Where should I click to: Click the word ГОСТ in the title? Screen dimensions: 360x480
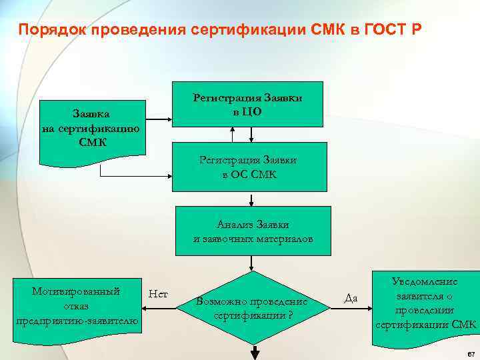382,30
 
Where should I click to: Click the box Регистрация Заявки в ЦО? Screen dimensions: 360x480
247,103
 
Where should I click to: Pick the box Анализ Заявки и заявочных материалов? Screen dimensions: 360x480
253,231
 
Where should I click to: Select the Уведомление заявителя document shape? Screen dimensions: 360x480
425,303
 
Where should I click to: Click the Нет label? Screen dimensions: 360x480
159,293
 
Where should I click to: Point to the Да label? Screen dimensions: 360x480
351,298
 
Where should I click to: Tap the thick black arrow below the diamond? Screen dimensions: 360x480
253,351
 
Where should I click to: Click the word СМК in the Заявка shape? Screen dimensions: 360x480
90,143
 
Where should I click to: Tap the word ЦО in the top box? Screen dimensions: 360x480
252,112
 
